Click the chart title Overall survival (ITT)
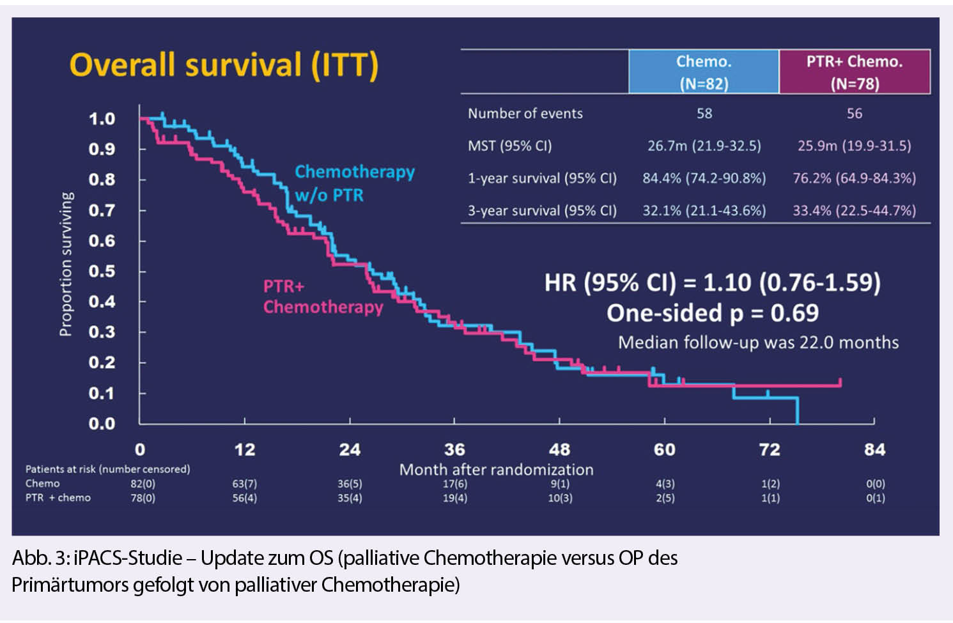[x=224, y=66]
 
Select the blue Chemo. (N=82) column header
[x=704, y=72]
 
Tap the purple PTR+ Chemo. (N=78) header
[x=855, y=72]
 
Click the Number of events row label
[x=525, y=114]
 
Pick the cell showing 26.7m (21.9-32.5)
[x=704, y=146]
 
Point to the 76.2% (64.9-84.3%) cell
[x=854, y=178]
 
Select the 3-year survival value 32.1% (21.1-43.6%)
[x=704, y=211]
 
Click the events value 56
[x=854, y=114]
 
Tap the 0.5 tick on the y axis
[x=102, y=271]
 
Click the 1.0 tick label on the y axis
[x=102, y=119]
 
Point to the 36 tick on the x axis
[x=454, y=449]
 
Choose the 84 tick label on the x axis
[x=874, y=449]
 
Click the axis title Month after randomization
[x=496, y=470]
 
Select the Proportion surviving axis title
[x=66, y=264]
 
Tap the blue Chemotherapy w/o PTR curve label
[x=354, y=183]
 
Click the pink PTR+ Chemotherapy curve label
[x=323, y=296]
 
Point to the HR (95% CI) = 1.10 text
[x=712, y=282]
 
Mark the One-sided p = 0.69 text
[x=712, y=313]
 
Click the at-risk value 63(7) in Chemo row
[x=244, y=484]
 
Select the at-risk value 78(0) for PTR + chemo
[x=143, y=498]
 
